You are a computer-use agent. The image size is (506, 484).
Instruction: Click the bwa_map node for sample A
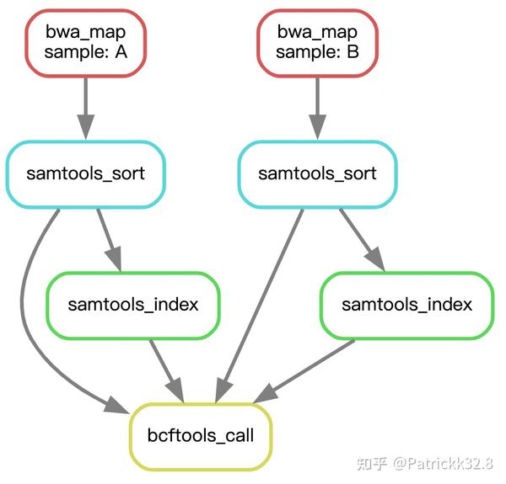tap(85, 42)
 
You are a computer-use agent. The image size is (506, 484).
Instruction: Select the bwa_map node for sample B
tap(317, 42)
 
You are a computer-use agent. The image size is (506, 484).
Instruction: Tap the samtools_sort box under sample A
tap(85, 174)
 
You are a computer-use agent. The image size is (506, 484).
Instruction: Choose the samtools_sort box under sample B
tap(317, 174)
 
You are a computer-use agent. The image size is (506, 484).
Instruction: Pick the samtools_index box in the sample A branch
tap(133, 305)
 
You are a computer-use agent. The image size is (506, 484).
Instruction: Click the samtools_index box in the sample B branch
tap(406, 305)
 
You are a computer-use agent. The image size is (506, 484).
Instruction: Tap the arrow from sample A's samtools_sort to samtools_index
tap(109, 239)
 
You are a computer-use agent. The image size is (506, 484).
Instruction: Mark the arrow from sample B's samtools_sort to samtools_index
tap(362, 239)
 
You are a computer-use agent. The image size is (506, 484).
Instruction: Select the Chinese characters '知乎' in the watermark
tap(372, 463)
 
